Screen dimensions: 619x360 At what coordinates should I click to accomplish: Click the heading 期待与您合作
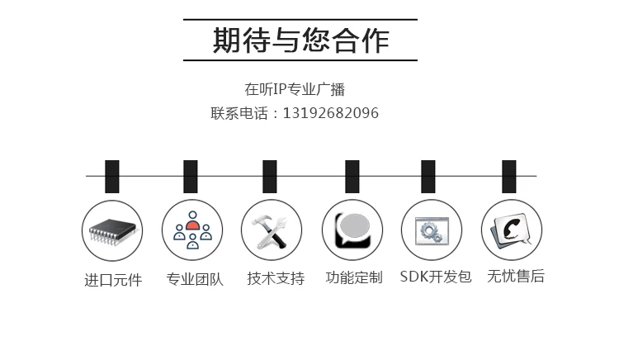[300, 40]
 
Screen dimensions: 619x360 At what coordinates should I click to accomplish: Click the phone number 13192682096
[331, 113]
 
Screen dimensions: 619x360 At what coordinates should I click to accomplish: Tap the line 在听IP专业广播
[295, 90]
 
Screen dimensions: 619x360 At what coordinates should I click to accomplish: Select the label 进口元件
[113, 280]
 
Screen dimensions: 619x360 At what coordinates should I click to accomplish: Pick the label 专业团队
[195, 279]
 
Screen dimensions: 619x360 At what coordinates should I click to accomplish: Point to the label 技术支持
[276, 278]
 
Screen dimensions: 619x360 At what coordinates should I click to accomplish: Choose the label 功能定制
[354, 277]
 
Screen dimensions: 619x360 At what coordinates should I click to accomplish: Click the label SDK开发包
[436, 277]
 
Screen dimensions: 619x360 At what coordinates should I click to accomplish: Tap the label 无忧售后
[516, 276]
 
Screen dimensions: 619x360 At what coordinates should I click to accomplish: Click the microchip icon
[112, 230]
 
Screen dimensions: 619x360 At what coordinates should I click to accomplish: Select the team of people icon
[192, 230]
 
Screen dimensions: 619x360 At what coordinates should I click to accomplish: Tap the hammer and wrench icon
[271, 232]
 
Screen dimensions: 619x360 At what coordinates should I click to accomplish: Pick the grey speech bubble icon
[352, 230]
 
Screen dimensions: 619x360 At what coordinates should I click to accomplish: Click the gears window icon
[432, 230]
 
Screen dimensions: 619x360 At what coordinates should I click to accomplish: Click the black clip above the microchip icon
[112, 177]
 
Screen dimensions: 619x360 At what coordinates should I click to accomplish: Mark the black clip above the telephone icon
[509, 177]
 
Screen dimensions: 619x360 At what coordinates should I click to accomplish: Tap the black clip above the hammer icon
[270, 177]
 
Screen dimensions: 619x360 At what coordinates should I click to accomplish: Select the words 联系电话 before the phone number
[239, 113]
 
